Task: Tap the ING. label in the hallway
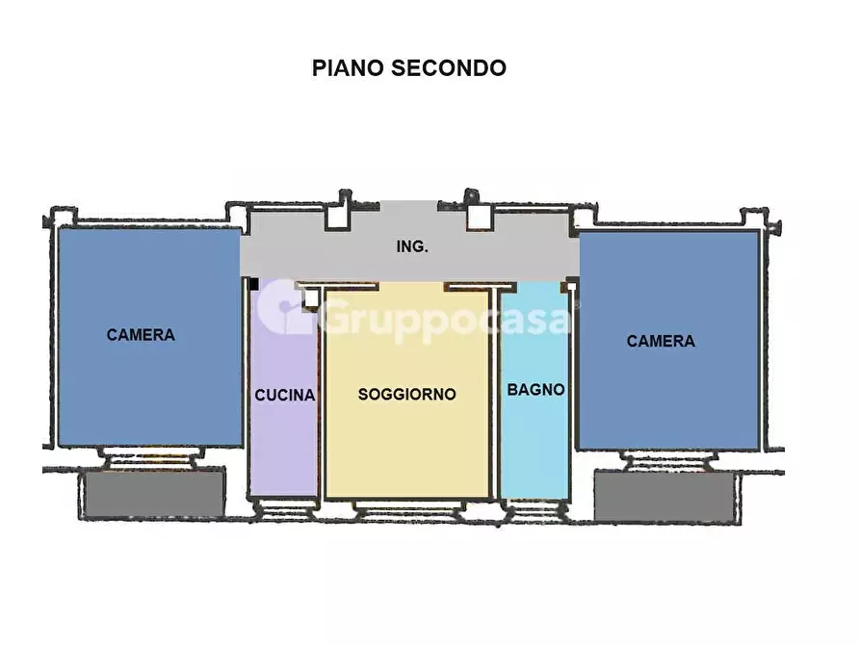coord(412,246)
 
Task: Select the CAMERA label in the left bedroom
coord(141,335)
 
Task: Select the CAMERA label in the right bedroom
coord(661,341)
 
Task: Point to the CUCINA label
coord(284,395)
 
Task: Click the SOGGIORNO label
coord(406,394)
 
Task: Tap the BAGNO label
coord(535,390)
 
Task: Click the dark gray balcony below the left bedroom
coord(154,493)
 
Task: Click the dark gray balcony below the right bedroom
coord(665,495)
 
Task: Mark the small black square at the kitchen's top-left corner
coord(254,284)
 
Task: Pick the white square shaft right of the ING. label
coord(479,218)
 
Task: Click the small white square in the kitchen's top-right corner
coord(311,298)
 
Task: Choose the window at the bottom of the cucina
coord(283,505)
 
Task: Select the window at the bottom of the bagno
coord(534,506)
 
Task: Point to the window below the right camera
coord(670,460)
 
